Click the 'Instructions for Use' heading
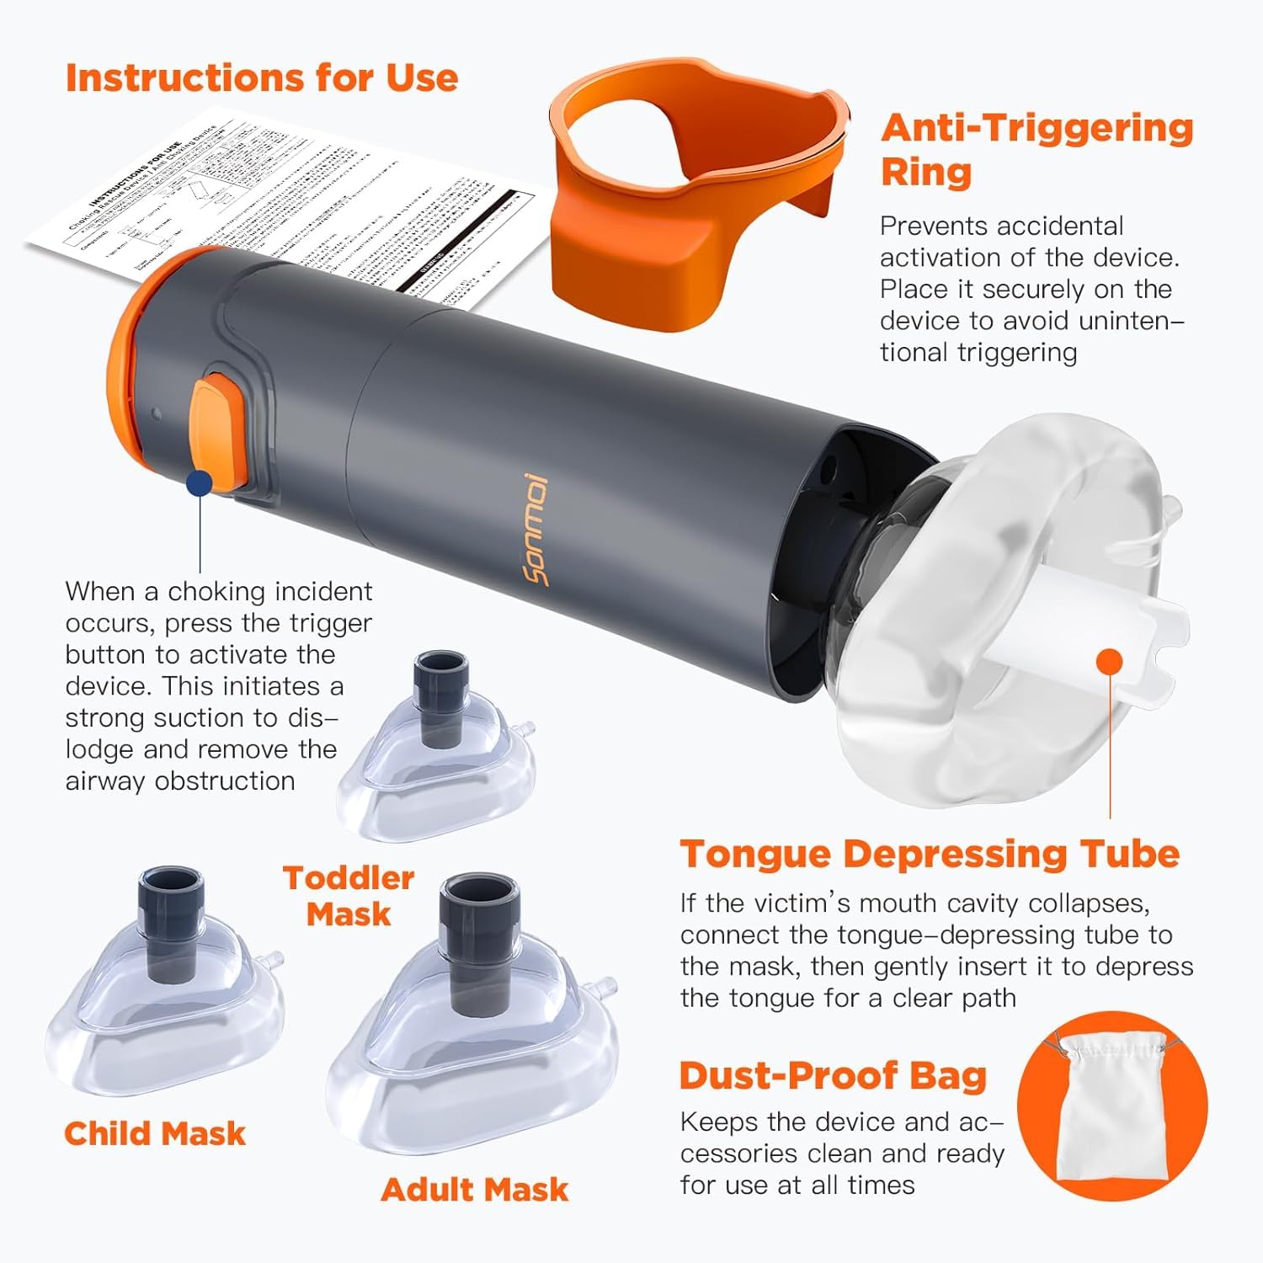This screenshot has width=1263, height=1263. coord(262,77)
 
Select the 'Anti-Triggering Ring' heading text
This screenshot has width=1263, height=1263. coord(1037,150)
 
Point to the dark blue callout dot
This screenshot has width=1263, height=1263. coord(200,482)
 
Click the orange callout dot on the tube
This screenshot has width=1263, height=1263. coord(1111,661)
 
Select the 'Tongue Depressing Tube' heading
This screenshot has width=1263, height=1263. coord(930,854)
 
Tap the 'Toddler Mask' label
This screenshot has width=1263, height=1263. coord(349,896)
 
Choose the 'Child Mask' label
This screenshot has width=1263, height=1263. coord(155,1133)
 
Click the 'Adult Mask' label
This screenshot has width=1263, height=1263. coord(475,1189)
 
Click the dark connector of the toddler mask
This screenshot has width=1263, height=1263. coord(440,696)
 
